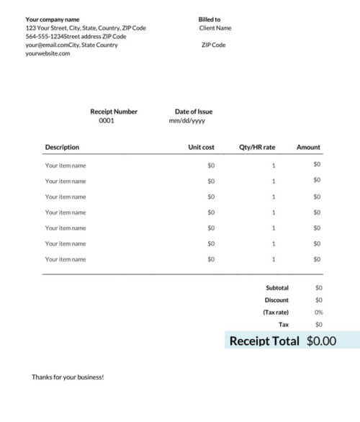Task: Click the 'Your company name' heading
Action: pos(53,19)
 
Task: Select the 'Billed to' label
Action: pos(210,19)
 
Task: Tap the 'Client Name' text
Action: pos(215,28)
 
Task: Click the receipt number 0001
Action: pos(107,121)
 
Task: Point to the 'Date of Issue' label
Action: pos(194,112)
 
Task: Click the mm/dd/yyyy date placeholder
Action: pos(186,121)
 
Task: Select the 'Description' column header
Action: pos(62,148)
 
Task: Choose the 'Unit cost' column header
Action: pos(201,148)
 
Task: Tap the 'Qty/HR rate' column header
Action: pos(257,148)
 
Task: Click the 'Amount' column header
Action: pos(308,148)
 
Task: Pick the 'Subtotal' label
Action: pos(277,288)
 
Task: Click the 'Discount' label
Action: pos(276,300)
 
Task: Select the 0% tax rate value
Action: pos(318,313)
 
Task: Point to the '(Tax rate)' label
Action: pos(276,313)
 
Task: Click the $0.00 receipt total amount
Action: pos(321,341)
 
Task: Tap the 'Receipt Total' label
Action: pos(264,341)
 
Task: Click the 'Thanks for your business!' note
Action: pos(68,377)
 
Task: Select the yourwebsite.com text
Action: pos(48,54)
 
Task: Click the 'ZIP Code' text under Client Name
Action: pos(214,45)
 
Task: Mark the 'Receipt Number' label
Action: pos(114,112)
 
